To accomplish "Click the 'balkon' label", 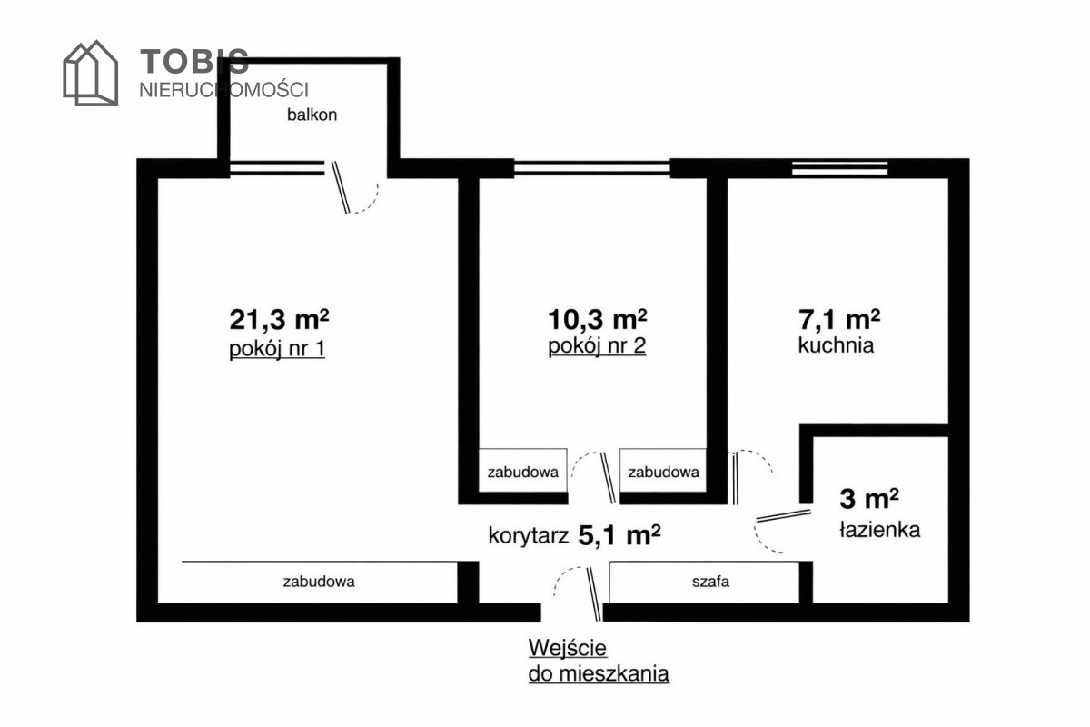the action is (312, 115).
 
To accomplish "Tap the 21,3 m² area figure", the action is (279, 320).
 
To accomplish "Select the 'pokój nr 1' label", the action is (277, 349).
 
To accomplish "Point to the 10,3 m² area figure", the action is (597, 320).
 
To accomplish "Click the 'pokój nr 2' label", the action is (597, 345).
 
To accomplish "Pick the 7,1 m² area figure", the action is (839, 320).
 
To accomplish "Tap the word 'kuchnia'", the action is (836, 345).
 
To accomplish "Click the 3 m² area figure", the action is (869, 499).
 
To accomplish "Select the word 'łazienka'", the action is (880, 530).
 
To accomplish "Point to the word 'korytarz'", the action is (529, 535).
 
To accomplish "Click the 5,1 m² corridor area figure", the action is (619, 535).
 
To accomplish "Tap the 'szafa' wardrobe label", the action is (710, 582).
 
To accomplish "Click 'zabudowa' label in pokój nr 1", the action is (319, 582).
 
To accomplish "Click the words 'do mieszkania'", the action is (599, 674).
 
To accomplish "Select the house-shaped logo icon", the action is (91, 73).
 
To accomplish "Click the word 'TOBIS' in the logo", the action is (194, 61).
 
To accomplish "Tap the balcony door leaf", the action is (341, 187).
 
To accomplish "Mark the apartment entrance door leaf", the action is (594, 594).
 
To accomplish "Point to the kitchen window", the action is (840, 168).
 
